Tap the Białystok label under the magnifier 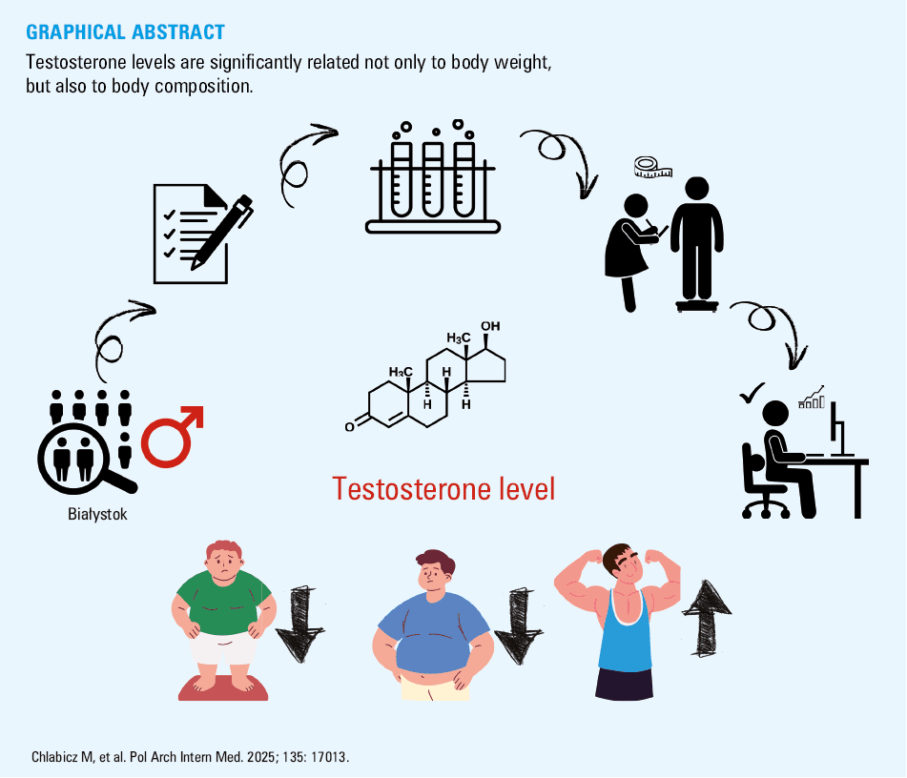tap(97, 514)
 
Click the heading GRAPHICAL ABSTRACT tap(125, 32)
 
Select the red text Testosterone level tap(443, 489)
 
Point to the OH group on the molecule tap(490, 326)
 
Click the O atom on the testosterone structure tap(349, 427)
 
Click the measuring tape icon tap(653, 167)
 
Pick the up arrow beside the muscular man tap(707, 619)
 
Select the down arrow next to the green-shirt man tap(299, 624)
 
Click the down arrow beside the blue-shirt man tap(519, 627)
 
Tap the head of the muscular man tap(620, 563)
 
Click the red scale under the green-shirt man tap(223, 689)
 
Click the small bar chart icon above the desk tap(812, 398)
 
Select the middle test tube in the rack tap(433, 179)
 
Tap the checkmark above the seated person tap(752, 394)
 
